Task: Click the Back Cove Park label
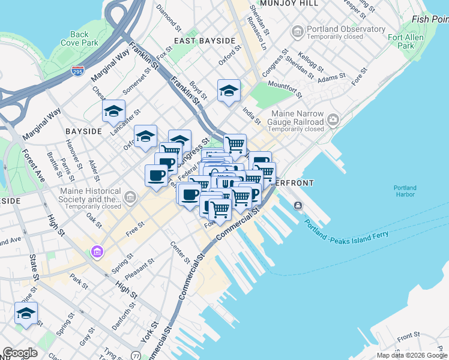pyautogui.click(x=79, y=39)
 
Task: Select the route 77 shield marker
pyautogui.click(x=137, y=356)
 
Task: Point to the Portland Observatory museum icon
pyautogui.click(x=297, y=31)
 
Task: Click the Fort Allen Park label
pyautogui.click(x=401, y=41)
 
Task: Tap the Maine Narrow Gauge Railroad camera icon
pyautogui.click(x=334, y=122)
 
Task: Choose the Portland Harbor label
pyautogui.click(x=405, y=191)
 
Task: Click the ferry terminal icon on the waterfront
pyautogui.click(x=298, y=206)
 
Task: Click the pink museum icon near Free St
pyautogui.click(x=96, y=250)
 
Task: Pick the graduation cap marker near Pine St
pyautogui.click(x=26, y=313)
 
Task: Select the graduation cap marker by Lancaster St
pyautogui.click(x=113, y=112)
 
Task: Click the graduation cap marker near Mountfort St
pyautogui.click(x=229, y=91)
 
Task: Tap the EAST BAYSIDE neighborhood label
pyautogui.click(x=204, y=41)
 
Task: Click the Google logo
pyautogui.click(x=20, y=352)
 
